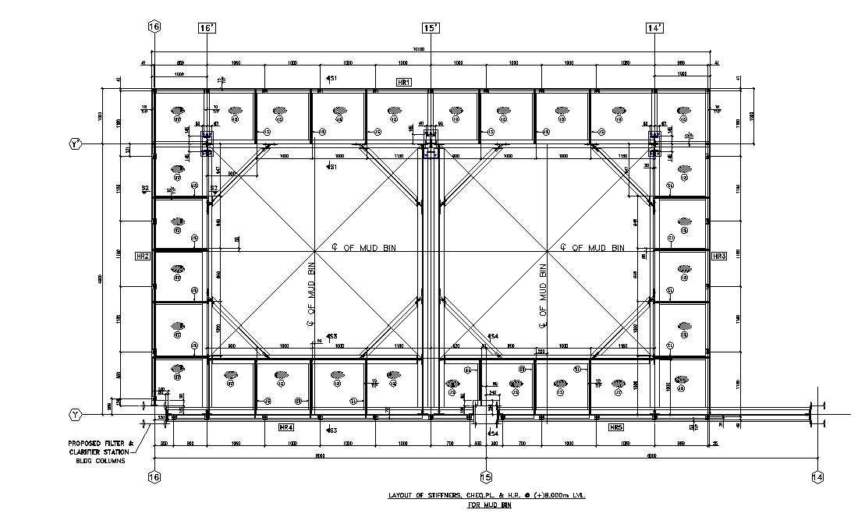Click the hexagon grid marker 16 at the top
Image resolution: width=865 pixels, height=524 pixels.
pos(154,27)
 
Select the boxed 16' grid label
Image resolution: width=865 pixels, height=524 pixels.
pos(207,28)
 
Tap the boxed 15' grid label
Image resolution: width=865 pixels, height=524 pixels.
pos(431,28)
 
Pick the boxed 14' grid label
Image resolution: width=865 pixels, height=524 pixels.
pos(654,28)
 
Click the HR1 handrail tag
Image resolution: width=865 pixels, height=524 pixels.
pos(404,82)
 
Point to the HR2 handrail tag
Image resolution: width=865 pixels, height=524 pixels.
pos(142,256)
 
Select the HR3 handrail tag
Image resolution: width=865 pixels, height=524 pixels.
pos(719,256)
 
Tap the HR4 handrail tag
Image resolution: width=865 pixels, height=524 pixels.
pos(285,427)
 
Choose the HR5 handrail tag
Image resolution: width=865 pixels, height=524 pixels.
pos(616,427)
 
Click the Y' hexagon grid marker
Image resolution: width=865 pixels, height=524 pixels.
pos(76,144)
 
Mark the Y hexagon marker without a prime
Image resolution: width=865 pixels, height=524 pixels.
pos(76,414)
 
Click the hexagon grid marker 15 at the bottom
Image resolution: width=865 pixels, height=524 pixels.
pos(486,477)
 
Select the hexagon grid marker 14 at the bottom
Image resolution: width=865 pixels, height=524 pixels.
pos(817,477)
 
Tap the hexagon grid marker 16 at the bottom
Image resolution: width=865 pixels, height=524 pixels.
pos(154,477)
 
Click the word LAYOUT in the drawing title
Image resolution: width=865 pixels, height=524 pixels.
pos(404,496)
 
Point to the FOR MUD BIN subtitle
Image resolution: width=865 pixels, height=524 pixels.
pos(489,505)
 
